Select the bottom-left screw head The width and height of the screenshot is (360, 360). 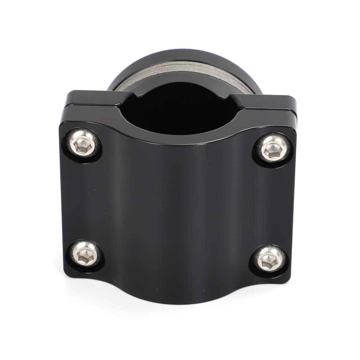[86, 254]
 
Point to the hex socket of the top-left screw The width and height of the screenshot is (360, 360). [83, 144]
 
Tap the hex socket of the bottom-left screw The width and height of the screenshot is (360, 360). [86, 254]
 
